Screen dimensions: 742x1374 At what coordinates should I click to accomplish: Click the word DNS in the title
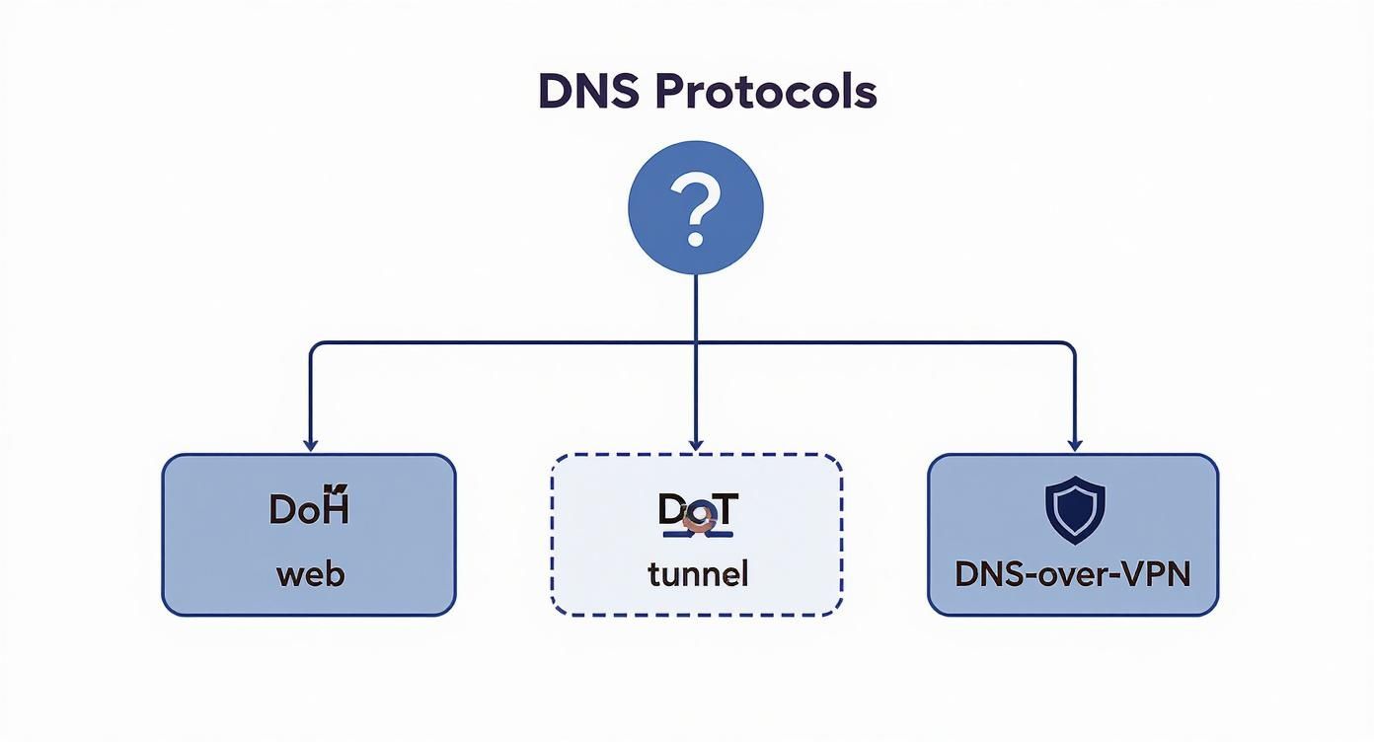pyautogui.click(x=588, y=92)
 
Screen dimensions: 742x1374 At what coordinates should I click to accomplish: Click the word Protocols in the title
pyautogui.click(x=765, y=92)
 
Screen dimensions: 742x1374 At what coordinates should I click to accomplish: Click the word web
pyautogui.click(x=310, y=573)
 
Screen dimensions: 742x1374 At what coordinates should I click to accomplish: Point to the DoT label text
pyautogui.click(x=697, y=511)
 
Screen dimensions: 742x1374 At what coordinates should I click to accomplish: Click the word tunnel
pyautogui.click(x=697, y=573)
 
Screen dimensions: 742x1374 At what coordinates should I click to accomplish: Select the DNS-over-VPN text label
pyautogui.click(x=1073, y=574)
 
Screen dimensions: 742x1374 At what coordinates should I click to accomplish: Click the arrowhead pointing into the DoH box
pyautogui.click(x=310, y=445)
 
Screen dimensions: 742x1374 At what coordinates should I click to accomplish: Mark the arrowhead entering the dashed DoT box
pyautogui.click(x=696, y=445)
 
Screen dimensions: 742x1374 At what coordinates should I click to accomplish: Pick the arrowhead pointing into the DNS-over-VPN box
pyautogui.click(x=1075, y=445)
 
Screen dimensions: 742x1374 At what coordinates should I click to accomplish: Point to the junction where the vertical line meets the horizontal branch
pyautogui.click(x=696, y=343)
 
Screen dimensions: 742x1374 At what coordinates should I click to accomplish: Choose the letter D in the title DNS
pyautogui.click(x=556, y=92)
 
